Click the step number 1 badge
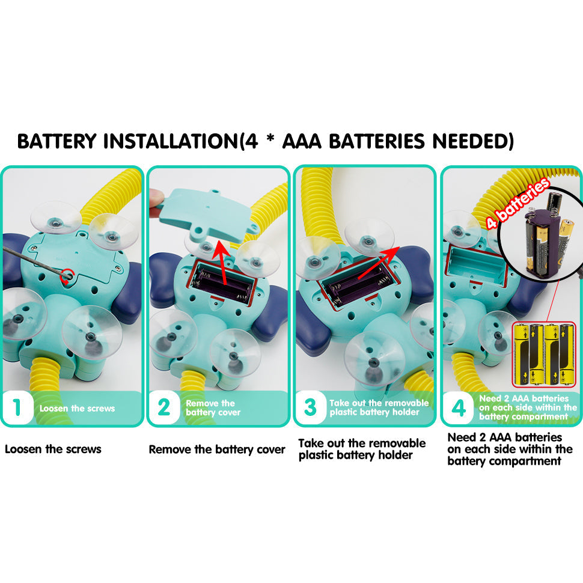(17, 407)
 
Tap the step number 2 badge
(164, 407)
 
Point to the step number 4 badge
(459, 408)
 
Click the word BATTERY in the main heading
(57, 141)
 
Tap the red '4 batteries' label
(518, 203)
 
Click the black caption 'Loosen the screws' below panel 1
(53, 449)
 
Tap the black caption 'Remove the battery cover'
(217, 450)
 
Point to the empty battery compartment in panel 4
(477, 264)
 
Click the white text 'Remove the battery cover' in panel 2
(213, 408)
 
